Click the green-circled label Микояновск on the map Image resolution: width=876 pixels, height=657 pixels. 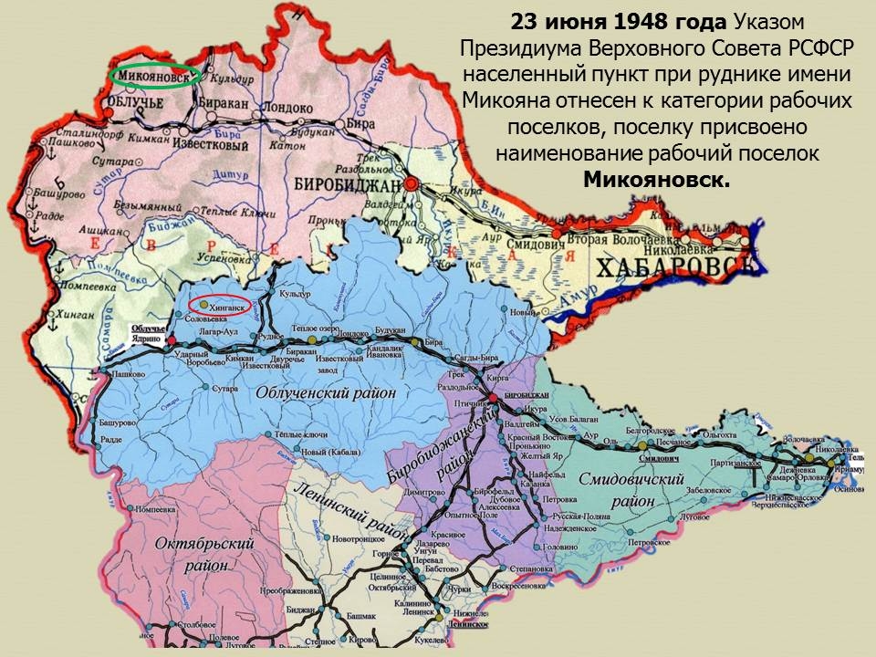(x=153, y=77)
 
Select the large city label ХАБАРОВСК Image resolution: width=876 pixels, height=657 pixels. (x=676, y=266)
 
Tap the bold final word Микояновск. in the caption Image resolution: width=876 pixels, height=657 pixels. (x=657, y=179)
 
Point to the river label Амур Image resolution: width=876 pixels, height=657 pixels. (x=581, y=295)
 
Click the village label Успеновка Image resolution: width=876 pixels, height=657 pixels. (x=222, y=259)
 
